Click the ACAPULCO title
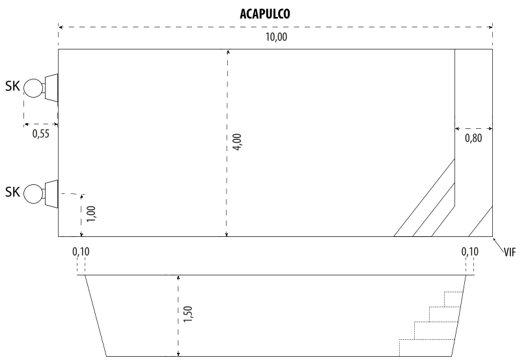pos(265,14)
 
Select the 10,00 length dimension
pos(276,36)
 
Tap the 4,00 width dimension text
pos(237,142)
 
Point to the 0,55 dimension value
pos(40,134)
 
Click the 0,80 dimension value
pos(473,138)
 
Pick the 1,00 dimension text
pos(91,214)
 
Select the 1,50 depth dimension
pos(188,314)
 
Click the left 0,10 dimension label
pos(81,251)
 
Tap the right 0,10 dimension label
pos(470,251)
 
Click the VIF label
pos(510,252)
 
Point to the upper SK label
pos(12,86)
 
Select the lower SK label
pos(12,192)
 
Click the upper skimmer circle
pos(33,89)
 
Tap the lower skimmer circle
pos(33,194)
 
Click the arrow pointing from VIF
pos(499,244)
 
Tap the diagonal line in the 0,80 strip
pos(481,221)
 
